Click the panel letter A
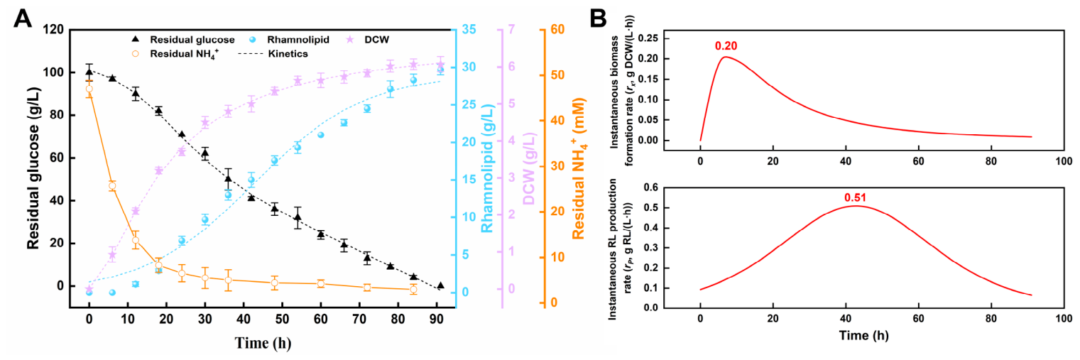[x=22, y=18]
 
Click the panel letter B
[x=598, y=18]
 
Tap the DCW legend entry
[x=368, y=40]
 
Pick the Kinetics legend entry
[x=273, y=53]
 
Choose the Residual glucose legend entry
[x=183, y=40]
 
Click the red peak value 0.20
[x=726, y=45]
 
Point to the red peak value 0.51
[x=855, y=197]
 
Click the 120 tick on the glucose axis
[x=53, y=29]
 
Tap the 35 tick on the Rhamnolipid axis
[x=469, y=29]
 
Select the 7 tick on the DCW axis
[x=511, y=29]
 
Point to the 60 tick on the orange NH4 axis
[x=557, y=29]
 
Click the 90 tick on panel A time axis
[x=437, y=319]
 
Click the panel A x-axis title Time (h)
[x=263, y=343]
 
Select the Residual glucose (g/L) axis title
[x=33, y=168]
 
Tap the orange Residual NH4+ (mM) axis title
[x=578, y=169]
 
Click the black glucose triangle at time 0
[x=89, y=72]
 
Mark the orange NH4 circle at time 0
[x=89, y=89]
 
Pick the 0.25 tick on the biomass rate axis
[x=647, y=38]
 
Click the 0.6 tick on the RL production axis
[x=650, y=187]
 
